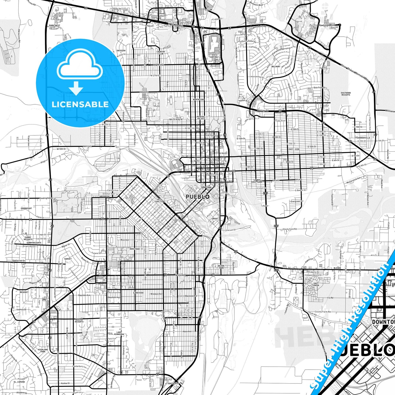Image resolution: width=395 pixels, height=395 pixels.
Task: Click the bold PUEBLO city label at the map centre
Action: coord(198,197)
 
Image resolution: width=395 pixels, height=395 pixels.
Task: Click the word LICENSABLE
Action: coord(80,104)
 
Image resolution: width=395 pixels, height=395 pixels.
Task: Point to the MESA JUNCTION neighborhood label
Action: coord(160,200)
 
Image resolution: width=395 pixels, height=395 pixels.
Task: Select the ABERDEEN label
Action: coord(104,196)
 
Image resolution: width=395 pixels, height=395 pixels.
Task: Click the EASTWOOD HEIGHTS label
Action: coord(346,94)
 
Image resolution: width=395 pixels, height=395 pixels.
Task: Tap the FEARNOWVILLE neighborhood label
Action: coord(363,138)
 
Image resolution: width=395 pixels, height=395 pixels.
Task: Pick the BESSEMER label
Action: coord(181,275)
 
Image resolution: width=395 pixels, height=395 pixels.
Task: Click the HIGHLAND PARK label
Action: coord(43,350)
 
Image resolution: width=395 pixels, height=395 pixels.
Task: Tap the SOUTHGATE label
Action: coord(173,384)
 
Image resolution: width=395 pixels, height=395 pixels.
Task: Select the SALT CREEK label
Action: coord(316,284)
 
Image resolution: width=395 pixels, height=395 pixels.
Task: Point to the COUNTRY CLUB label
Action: coord(161,52)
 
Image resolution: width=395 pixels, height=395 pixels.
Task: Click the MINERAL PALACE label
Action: coord(201,118)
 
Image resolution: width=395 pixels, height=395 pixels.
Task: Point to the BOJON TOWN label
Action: coord(221,267)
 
